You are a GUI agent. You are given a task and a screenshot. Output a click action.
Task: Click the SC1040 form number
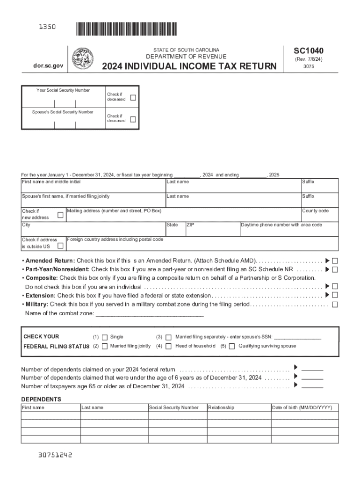[x=308, y=51]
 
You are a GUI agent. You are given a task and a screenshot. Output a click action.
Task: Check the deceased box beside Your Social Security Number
[x=133, y=98]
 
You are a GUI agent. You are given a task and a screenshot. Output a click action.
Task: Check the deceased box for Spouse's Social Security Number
[x=133, y=119]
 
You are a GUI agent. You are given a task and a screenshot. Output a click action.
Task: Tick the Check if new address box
[x=60, y=215]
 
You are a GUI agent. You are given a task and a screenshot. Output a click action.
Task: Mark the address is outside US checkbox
[x=60, y=246]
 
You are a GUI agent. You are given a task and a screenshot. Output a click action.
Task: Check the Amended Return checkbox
[x=335, y=261]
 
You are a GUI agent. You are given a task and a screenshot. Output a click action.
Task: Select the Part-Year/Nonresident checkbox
[x=335, y=269]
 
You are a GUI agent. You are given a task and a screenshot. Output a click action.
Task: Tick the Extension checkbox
[x=335, y=295]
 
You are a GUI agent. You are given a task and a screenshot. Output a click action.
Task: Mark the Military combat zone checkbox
[x=335, y=305]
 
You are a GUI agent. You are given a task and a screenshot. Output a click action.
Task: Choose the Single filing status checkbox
[x=105, y=337]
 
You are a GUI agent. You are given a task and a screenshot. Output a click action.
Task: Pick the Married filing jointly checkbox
[x=105, y=346]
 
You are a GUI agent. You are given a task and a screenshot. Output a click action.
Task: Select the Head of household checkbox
[x=168, y=346]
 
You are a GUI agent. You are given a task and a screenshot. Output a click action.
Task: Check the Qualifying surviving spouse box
[x=232, y=346]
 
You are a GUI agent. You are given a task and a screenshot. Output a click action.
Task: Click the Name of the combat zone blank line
[x=149, y=314]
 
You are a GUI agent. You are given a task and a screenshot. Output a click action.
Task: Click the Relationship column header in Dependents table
[x=221, y=408]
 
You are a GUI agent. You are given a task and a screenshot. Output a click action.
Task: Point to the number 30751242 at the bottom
[x=52, y=454]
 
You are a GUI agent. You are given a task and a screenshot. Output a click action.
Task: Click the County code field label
[x=315, y=211]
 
